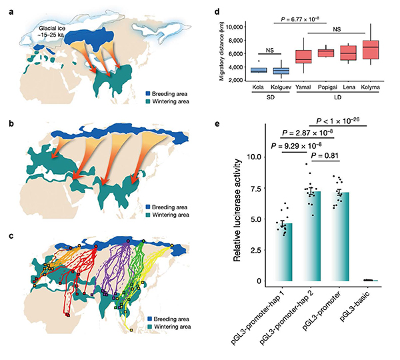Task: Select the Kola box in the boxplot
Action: click(x=258, y=70)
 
